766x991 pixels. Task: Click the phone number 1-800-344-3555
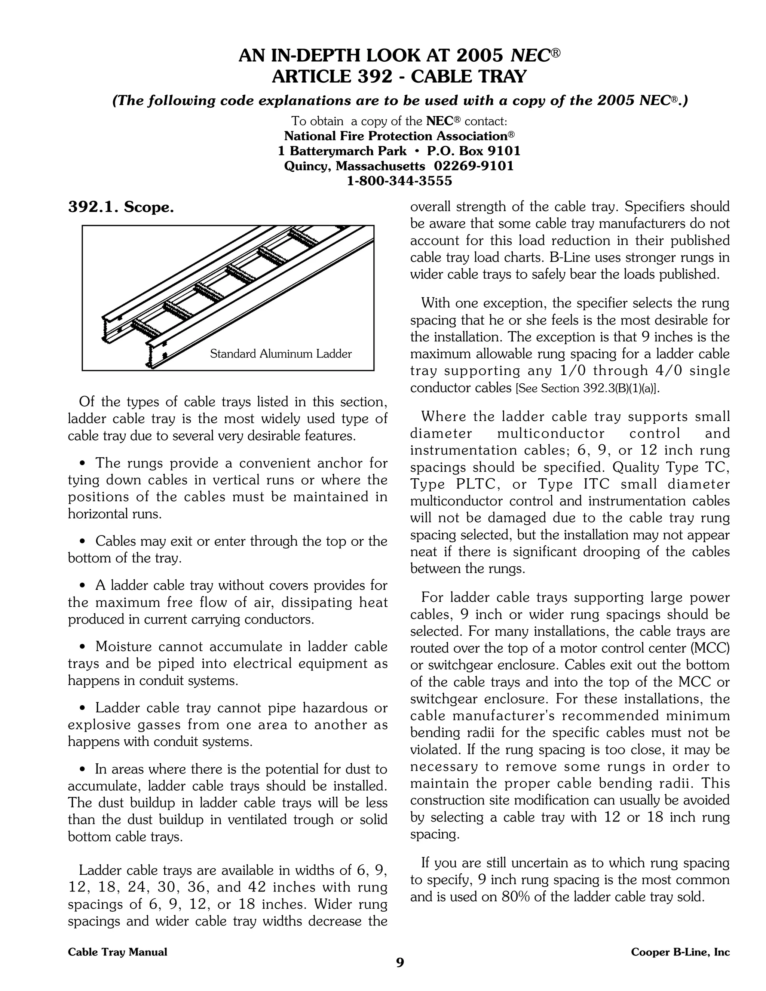click(399, 181)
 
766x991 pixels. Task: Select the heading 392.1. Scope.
click(121, 208)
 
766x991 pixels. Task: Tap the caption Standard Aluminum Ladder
click(281, 354)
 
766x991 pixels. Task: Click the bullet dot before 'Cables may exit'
click(83, 541)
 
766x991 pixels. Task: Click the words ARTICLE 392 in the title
click(332, 76)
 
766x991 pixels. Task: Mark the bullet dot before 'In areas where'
click(83, 769)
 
